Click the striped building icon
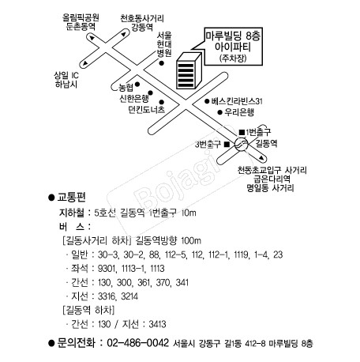[189, 70]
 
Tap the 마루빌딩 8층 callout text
[233, 36]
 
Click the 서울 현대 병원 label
[164, 44]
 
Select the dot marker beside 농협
[137, 85]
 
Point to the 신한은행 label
[134, 98]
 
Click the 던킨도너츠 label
[147, 109]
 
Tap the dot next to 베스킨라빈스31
[207, 101]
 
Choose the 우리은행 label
[239, 112]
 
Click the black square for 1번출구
[242, 132]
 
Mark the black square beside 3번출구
[227, 145]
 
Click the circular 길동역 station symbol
[242, 145]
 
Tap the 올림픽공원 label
[81, 17]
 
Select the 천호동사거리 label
[142, 18]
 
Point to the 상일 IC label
[66, 75]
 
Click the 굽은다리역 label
[272, 179]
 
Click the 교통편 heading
[72, 197]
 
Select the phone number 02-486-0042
[137, 343]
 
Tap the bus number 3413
[157, 324]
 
